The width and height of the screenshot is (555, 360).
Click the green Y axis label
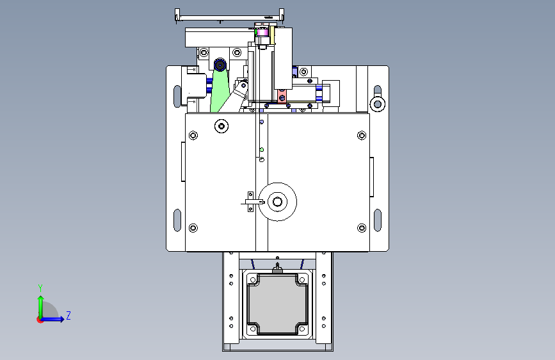point(40,288)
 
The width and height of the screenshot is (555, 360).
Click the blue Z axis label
point(68,315)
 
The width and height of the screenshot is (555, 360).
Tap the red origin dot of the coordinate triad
point(40,320)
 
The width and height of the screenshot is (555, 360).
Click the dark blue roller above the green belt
point(220,65)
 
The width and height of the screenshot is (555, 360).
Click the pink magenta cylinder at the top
point(262,33)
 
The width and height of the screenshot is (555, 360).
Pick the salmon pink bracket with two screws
point(282,95)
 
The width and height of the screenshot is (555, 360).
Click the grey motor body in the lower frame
point(278,304)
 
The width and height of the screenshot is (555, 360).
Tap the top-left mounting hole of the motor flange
point(253,280)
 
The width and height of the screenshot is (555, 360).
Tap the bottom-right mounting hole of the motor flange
point(302,329)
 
